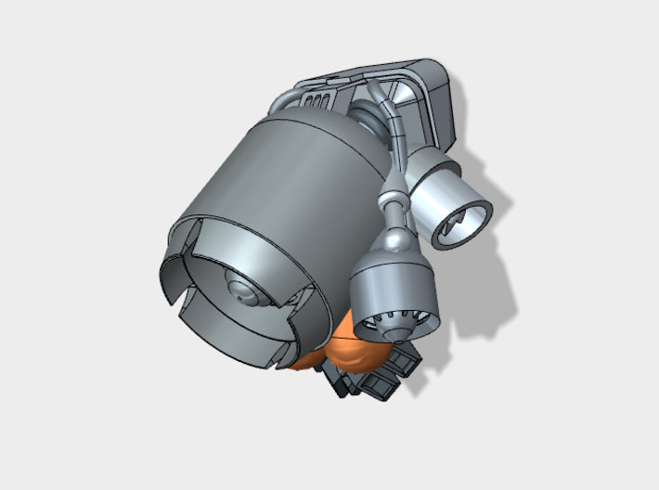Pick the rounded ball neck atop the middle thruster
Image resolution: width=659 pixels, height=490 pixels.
click(394, 239)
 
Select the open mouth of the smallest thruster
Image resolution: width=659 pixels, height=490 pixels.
click(465, 223)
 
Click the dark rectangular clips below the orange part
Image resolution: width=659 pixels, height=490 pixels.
click(381, 376)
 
